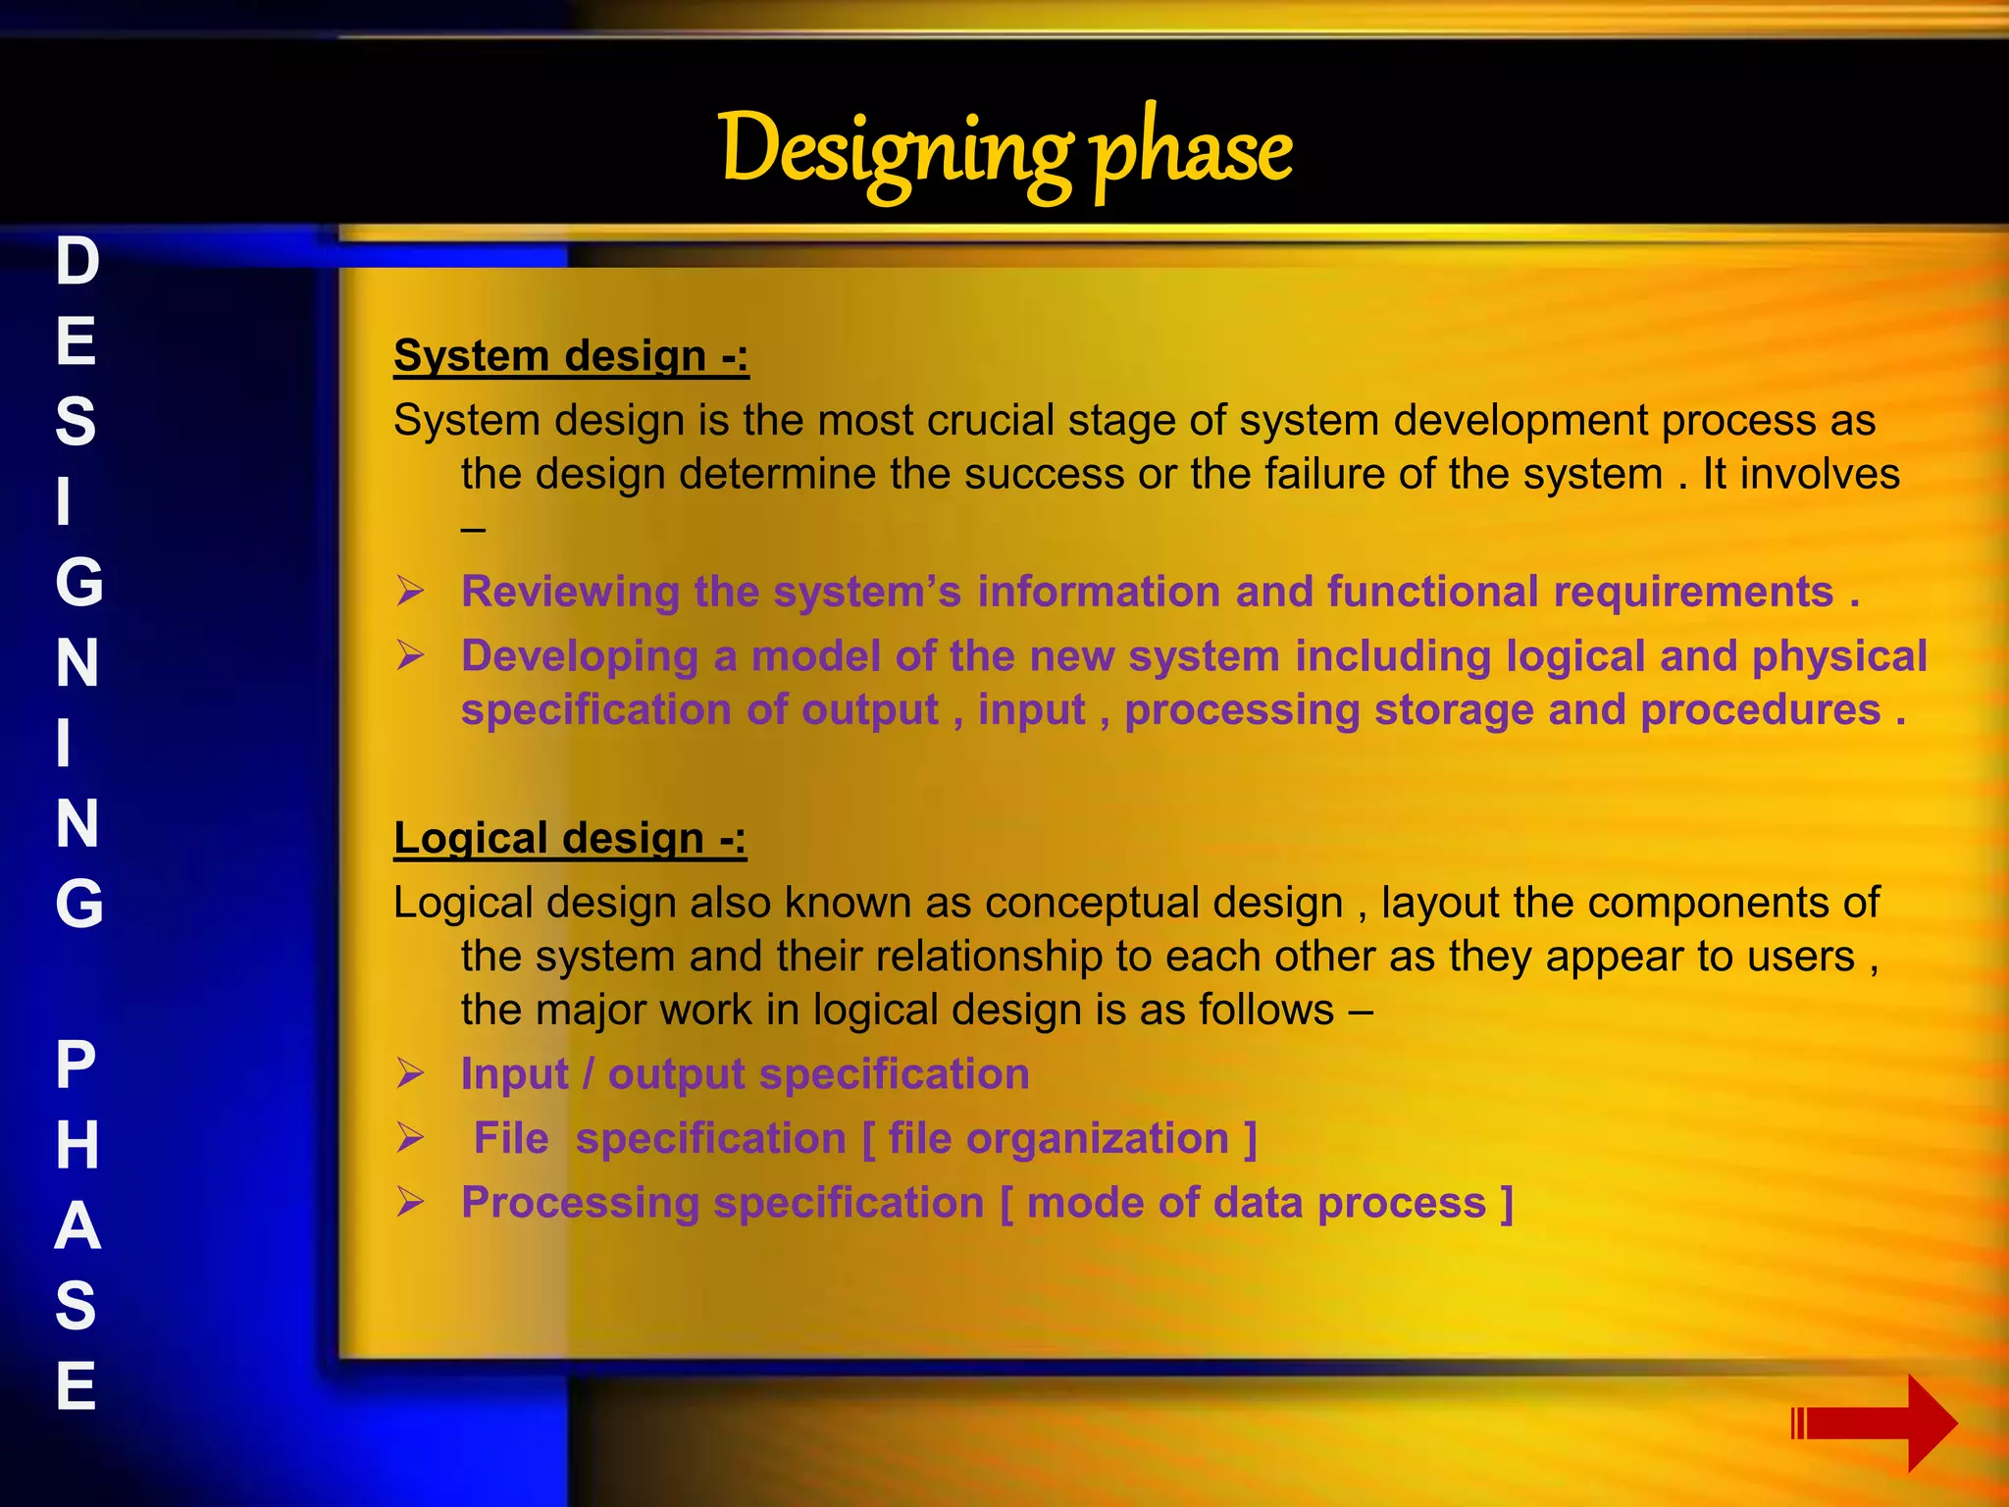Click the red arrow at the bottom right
(x=1874, y=1423)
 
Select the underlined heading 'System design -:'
(x=571, y=355)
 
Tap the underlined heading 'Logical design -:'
(x=569, y=838)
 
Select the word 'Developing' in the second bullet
(x=579, y=656)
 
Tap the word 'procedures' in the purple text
(x=1760, y=709)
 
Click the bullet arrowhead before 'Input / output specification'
(x=410, y=1073)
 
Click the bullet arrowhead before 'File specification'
(x=410, y=1138)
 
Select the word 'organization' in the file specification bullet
(x=1097, y=1139)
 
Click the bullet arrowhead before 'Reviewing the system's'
(x=410, y=591)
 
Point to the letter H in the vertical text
(x=77, y=1145)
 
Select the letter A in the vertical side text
(x=77, y=1225)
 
